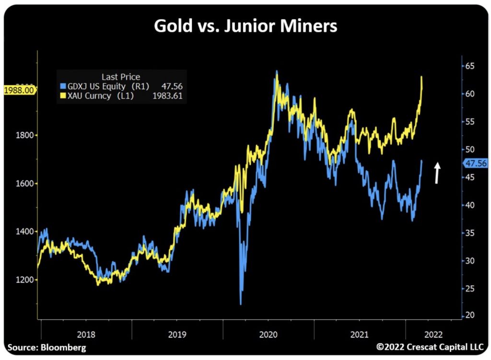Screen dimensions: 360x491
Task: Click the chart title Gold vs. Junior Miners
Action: pyautogui.click(x=245, y=26)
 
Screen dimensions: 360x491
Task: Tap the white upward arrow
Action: pyautogui.click(x=437, y=173)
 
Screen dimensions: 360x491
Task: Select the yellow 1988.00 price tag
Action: pyautogui.click(x=19, y=90)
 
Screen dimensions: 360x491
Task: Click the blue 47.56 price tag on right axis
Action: pyautogui.click(x=476, y=163)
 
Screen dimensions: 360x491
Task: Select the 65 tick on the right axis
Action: pyautogui.click(x=471, y=66)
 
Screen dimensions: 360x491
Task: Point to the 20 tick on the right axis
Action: pyautogui.click(x=471, y=315)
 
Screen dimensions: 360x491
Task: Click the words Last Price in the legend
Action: pyautogui.click(x=121, y=77)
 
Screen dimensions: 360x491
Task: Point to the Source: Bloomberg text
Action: pyautogui.click(x=47, y=347)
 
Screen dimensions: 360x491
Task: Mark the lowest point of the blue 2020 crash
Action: pyautogui.click(x=241, y=303)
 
